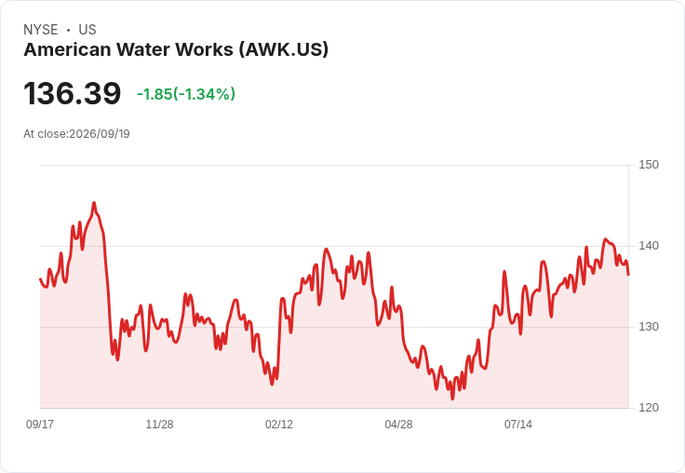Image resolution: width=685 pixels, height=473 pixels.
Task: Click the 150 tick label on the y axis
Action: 649,165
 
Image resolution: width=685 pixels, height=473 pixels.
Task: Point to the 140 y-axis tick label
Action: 649,246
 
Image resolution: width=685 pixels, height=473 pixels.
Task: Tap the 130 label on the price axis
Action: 649,327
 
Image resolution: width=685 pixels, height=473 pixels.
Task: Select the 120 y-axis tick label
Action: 649,408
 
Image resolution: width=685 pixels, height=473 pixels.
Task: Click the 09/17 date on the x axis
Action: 40,424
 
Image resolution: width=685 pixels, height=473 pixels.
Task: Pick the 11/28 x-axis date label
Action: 159,424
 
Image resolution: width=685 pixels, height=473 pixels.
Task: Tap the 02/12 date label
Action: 279,424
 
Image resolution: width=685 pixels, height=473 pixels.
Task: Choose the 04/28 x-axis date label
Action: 398,424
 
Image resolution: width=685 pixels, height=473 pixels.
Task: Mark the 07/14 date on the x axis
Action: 518,424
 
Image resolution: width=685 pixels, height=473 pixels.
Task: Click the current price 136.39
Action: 72,93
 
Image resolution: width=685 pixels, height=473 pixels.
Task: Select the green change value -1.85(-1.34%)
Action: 186,94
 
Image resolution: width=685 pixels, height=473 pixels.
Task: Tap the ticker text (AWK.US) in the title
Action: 284,49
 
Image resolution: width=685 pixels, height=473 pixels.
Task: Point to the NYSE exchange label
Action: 41,30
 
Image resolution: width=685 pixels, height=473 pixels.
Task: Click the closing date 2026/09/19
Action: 100,134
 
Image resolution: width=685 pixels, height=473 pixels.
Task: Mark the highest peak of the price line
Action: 94,203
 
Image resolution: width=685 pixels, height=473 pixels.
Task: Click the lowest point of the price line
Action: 452,399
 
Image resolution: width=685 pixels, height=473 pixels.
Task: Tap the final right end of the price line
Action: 628,275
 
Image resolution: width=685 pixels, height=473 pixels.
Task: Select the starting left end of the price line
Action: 40,278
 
